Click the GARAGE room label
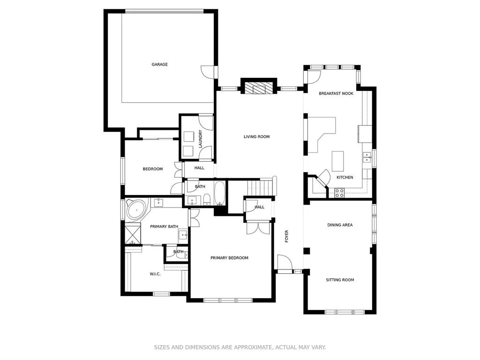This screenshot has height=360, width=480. tap(159, 64)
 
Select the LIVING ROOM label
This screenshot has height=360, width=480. tap(256, 136)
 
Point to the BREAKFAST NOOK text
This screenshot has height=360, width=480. tap(336, 93)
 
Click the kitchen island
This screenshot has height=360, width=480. tap(337, 161)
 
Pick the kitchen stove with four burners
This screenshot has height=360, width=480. tap(339, 193)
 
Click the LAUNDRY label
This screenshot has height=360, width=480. tap(201, 139)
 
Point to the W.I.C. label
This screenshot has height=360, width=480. tap(155, 274)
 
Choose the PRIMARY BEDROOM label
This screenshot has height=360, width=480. tap(229, 258)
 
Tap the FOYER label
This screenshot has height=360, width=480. tap(286, 236)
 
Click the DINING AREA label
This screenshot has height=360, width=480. tap(340, 225)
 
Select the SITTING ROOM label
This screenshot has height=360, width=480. tap(340, 280)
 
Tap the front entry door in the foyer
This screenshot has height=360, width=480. tap(285, 262)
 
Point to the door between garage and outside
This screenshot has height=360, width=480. tap(209, 72)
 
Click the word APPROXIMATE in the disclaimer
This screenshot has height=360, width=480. tap(253, 347)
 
